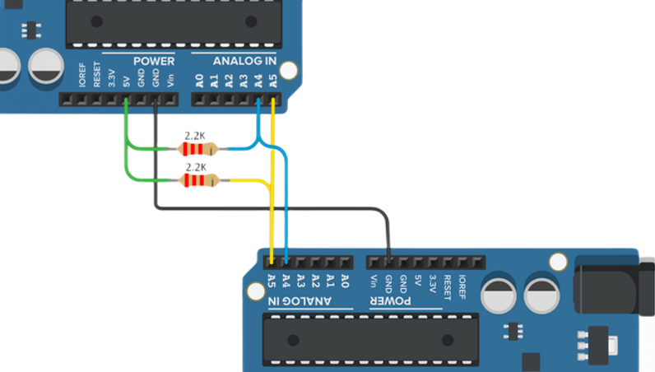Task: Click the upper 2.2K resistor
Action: [195, 149]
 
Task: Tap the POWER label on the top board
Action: [154, 61]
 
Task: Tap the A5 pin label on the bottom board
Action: [272, 281]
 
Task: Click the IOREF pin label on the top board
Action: [82, 77]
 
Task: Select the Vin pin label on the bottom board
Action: [374, 281]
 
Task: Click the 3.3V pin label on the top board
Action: [112, 78]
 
